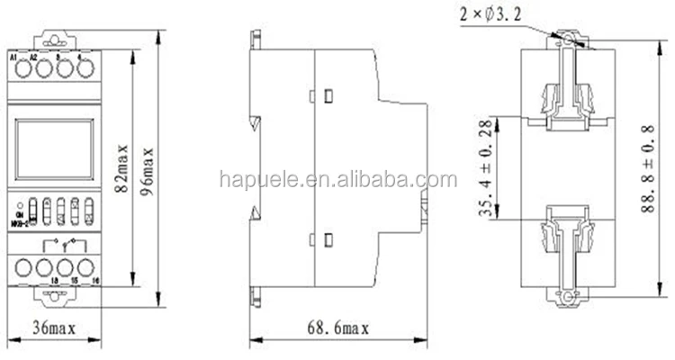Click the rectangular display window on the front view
point(53,149)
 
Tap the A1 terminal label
point(13,58)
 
